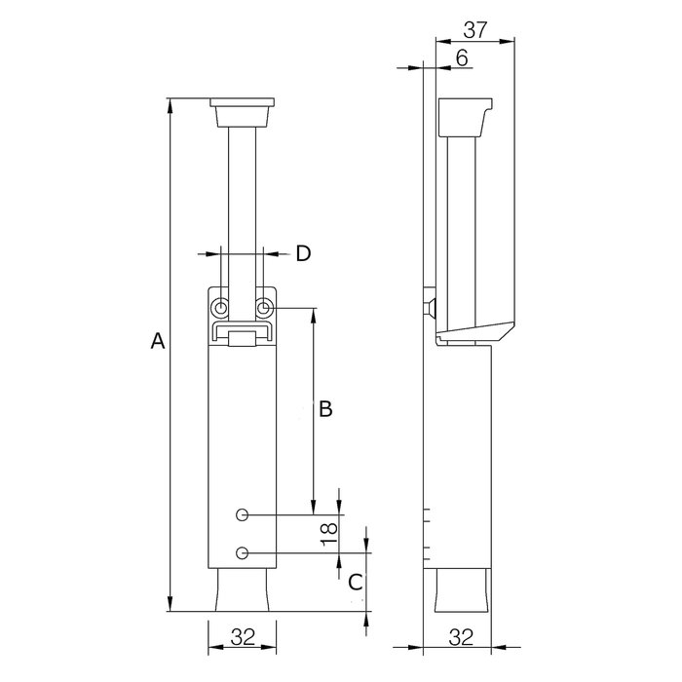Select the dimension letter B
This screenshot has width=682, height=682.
coord(326,409)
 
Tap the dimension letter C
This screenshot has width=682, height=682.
coord(357,582)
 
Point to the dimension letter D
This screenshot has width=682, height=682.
coord(303,253)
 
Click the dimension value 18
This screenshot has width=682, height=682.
coord(329,532)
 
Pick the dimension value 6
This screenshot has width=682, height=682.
coord(462,57)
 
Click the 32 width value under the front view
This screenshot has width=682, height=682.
coord(243,638)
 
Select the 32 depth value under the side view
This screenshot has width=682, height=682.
coord(462,638)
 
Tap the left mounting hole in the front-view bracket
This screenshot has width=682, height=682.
coord(222,308)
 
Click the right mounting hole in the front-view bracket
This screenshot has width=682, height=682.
coord(264,308)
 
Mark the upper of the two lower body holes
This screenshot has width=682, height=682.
coord(243,513)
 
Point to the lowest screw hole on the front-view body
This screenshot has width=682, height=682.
coord(243,553)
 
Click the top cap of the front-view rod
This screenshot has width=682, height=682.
coord(243,104)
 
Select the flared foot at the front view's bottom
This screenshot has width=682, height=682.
coord(243,590)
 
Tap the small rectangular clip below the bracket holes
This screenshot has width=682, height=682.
coord(243,337)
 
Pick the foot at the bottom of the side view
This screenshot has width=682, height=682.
coord(462,590)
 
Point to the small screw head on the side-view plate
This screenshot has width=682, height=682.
coord(430,308)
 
